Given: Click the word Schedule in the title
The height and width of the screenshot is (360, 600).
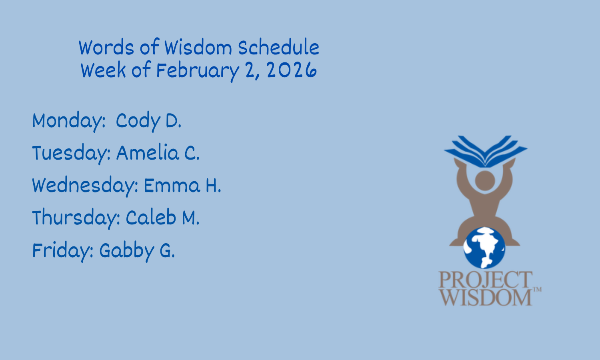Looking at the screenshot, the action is (x=278, y=48).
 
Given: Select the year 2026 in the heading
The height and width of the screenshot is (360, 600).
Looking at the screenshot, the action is (x=292, y=70).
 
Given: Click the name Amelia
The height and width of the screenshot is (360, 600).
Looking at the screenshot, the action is (x=148, y=153).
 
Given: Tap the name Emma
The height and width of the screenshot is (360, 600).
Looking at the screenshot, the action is (x=172, y=185).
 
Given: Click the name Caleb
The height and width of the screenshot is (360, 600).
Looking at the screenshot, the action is (x=151, y=217).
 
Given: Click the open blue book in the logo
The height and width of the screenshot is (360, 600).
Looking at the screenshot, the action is (x=486, y=152).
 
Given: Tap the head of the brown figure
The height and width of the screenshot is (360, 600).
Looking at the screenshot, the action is (x=485, y=181).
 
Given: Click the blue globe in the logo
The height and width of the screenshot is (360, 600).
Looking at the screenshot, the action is (x=484, y=248).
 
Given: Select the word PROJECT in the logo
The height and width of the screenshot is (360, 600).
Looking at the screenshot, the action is (x=485, y=280).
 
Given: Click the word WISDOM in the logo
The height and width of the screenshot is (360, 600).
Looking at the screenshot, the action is (x=485, y=297).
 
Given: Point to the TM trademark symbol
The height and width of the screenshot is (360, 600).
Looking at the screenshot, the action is (x=538, y=289).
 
